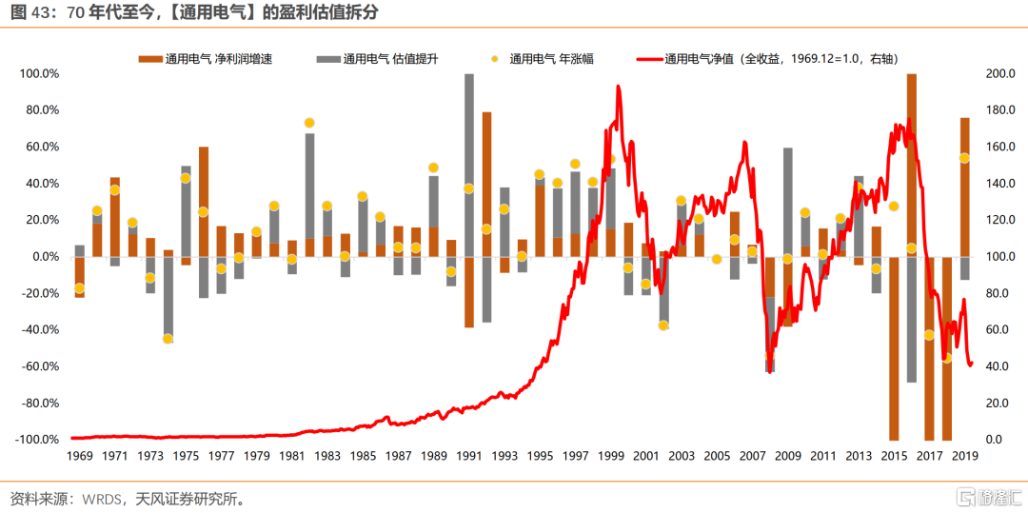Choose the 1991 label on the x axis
click(468, 456)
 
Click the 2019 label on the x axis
click(965, 456)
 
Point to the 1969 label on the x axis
click(79, 456)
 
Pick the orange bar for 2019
click(965, 187)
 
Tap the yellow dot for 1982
click(309, 123)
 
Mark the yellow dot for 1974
click(168, 339)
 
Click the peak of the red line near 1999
click(619, 87)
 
